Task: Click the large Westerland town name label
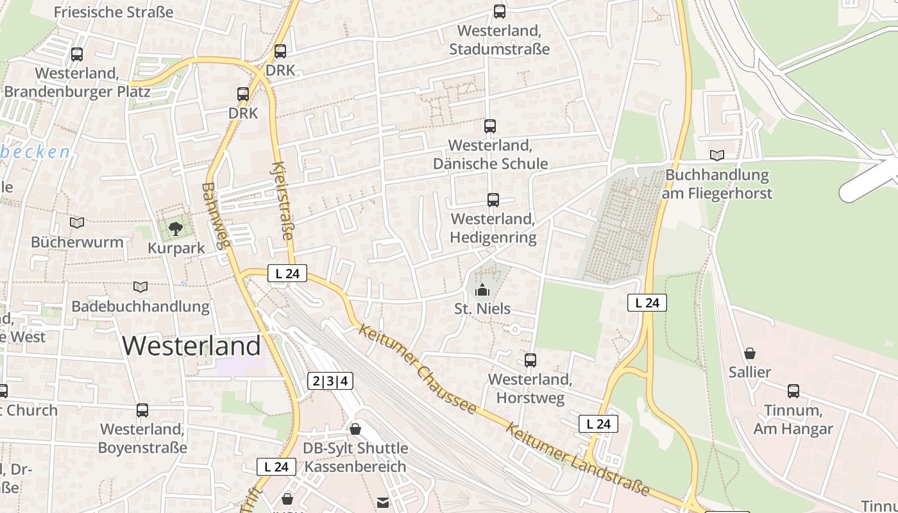tap(191, 346)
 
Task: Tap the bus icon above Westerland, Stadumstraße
tap(499, 11)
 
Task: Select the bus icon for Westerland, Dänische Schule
tap(490, 126)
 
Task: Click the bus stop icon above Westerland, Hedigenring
tap(493, 200)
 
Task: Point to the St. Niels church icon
tap(482, 290)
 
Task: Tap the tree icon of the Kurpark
tap(176, 228)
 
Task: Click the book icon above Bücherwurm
tap(77, 223)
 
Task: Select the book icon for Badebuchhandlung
tap(140, 287)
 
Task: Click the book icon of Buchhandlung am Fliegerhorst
tap(717, 155)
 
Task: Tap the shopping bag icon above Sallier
tap(749, 353)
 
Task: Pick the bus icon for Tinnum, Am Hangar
tap(793, 391)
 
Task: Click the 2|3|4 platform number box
tap(330, 381)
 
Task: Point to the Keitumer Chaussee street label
tap(418, 368)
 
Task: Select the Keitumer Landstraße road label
tap(577, 459)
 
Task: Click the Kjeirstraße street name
tap(282, 201)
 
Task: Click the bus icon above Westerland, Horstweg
tap(530, 360)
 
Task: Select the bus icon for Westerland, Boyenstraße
tap(142, 410)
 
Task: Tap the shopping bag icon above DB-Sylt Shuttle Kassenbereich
tap(355, 428)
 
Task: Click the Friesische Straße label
tap(114, 12)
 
